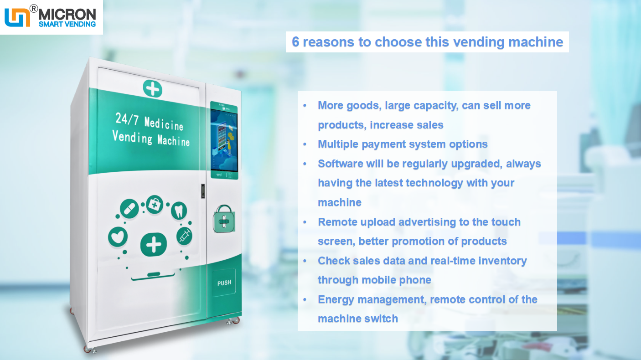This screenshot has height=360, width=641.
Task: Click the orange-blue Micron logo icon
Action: coord(17,17)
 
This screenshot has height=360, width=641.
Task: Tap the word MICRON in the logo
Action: coord(67,14)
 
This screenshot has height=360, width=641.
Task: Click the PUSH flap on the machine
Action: coord(224,283)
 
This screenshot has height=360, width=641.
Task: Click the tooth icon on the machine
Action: coord(179,211)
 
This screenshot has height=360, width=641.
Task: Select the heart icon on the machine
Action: coord(118,237)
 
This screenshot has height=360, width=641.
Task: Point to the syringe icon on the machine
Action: coord(185,236)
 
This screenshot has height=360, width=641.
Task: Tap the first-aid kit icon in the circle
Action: coord(155,205)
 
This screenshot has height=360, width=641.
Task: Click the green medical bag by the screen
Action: coord(223,220)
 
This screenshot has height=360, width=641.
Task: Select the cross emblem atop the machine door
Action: coord(152,88)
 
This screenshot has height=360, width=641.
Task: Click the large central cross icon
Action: coord(153,245)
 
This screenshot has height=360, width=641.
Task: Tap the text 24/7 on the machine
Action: coord(127,119)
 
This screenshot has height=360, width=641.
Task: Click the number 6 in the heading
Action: coord(295,42)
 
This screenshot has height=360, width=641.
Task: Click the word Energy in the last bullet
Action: coord(336,299)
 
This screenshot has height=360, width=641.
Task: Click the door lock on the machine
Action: coord(202,191)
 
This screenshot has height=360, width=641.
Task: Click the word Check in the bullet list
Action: coord(333,261)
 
